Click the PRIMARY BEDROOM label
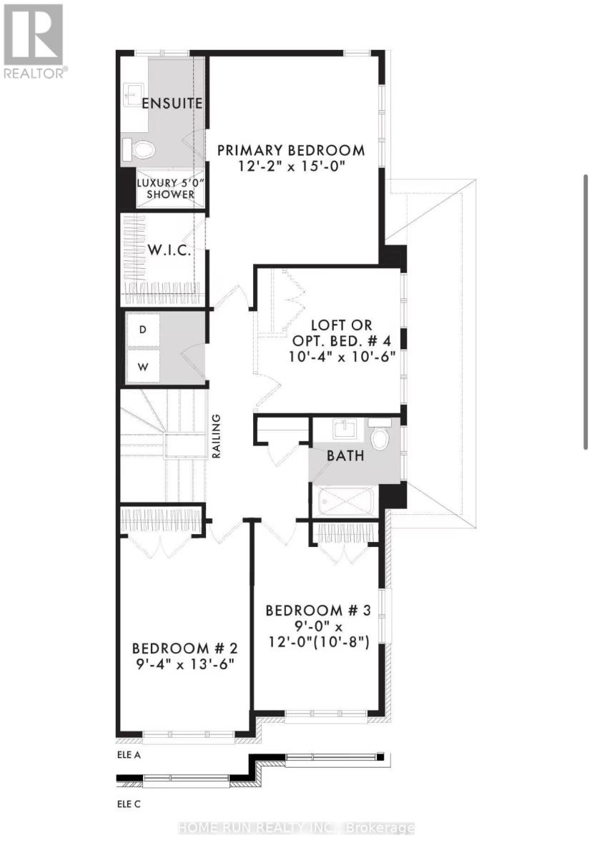(291, 150)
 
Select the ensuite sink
(133, 94)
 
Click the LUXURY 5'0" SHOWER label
(165, 188)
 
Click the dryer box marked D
(143, 330)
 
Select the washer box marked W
(143, 368)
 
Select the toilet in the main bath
(380, 435)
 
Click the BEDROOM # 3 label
(318, 610)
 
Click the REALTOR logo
(35, 41)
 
